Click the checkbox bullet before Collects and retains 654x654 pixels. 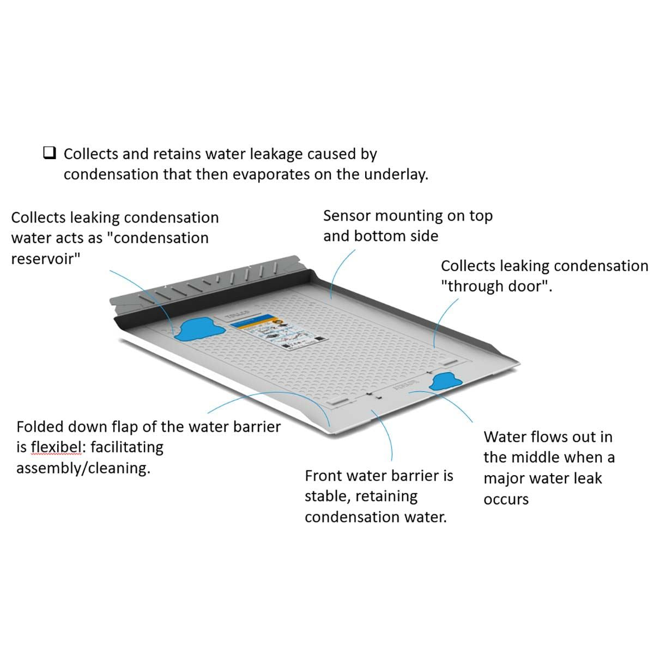point(50,154)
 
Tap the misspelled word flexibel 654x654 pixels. point(57,447)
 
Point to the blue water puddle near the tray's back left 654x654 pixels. point(196,329)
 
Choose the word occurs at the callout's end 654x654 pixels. point(506,499)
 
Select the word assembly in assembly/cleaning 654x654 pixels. point(48,468)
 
